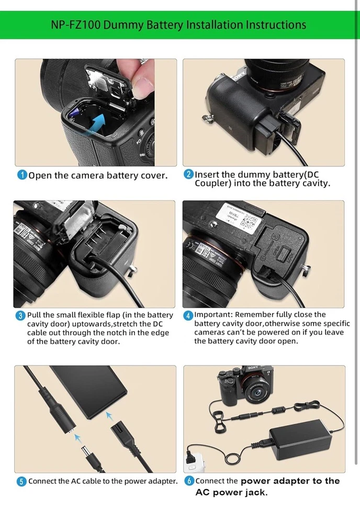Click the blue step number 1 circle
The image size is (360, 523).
[x=22, y=175]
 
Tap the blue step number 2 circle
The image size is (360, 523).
[x=188, y=174]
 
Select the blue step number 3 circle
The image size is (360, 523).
[x=20, y=315]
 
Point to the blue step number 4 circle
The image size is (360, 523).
[x=188, y=315]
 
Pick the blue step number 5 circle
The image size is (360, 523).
[x=21, y=482]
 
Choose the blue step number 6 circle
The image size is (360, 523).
[x=189, y=481]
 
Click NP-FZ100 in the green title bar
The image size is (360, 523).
[x=75, y=25]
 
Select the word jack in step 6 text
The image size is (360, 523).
[x=255, y=493]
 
